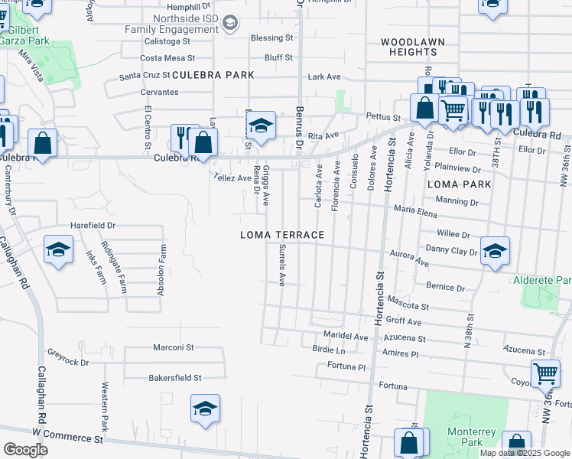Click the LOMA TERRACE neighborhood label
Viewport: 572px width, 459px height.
click(282, 235)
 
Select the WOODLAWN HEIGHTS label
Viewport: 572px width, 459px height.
click(412, 46)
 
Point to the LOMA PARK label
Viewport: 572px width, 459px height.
click(460, 184)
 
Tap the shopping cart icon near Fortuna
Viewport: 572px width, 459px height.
click(544, 373)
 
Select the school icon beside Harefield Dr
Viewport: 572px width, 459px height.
click(58, 249)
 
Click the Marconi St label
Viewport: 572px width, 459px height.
click(174, 347)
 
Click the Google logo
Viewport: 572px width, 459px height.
click(25, 450)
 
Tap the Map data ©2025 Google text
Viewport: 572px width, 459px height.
click(524, 453)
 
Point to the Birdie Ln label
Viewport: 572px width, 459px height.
click(330, 350)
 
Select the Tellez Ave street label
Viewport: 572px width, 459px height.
click(233, 178)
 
